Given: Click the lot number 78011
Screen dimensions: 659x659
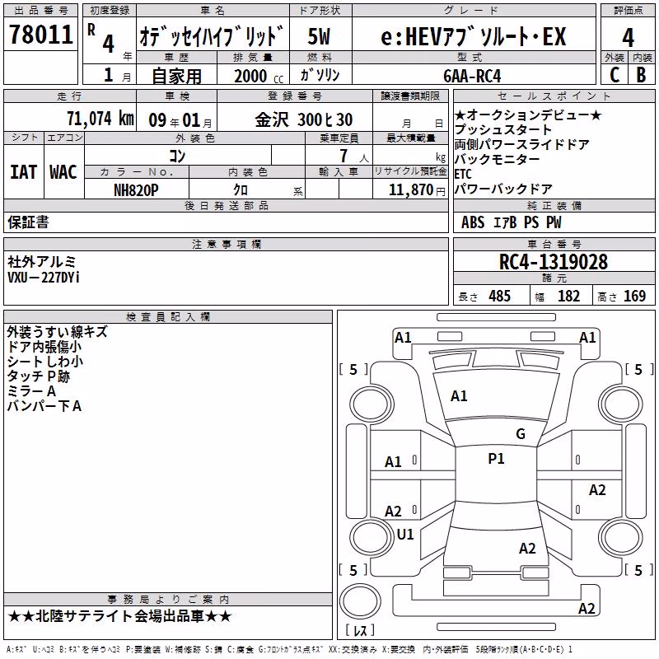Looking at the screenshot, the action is [x=40, y=35].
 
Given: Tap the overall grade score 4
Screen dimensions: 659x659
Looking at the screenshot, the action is [x=628, y=38].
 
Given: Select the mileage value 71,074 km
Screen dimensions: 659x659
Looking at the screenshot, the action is [x=100, y=119].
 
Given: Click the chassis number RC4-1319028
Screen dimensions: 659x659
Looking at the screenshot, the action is [x=553, y=262].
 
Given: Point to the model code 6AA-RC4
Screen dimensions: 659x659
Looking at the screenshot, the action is [x=472, y=76].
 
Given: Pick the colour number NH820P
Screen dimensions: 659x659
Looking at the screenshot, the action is [x=136, y=190].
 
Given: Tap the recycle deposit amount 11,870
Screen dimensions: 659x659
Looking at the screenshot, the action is [x=410, y=190].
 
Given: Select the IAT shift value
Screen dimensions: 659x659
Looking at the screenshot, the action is [x=23, y=172].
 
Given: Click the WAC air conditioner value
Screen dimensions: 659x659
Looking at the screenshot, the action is [x=63, y=172].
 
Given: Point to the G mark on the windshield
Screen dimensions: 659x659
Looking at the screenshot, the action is [x=521, y=434].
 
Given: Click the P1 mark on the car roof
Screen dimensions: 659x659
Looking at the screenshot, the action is [x=496, y=459].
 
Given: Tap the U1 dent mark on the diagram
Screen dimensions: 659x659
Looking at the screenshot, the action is [x=405, y=535].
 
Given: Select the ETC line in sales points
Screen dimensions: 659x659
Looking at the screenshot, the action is [x=463, y=174].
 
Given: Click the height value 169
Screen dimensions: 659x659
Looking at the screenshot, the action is [x=634, y=297].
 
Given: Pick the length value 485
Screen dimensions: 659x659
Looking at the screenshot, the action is [x=500, y=297].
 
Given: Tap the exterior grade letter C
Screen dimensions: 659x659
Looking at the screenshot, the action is [x=615, y=75].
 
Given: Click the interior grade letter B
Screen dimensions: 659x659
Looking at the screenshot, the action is [x=642, y=75].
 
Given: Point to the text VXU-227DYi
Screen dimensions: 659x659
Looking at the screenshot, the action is [x=44, y=278].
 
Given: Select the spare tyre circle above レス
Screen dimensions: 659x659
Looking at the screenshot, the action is [x=360, y=601].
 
